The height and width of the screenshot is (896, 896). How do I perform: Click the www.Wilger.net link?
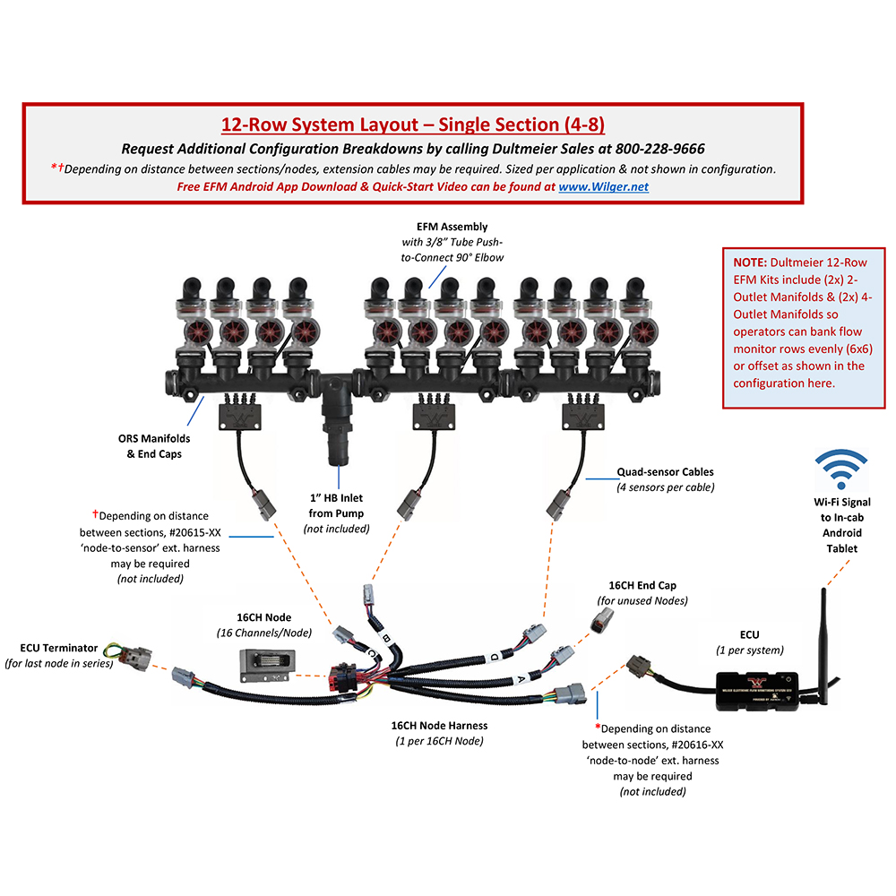point(603,187)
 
